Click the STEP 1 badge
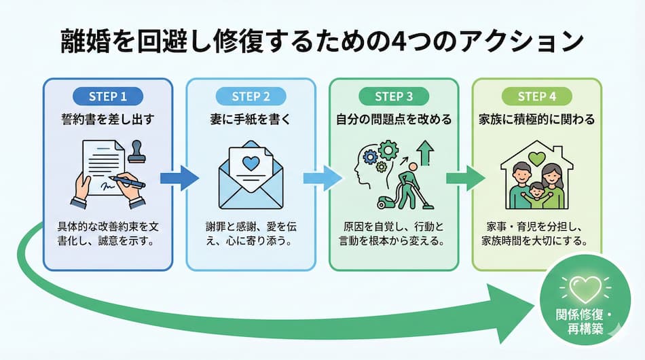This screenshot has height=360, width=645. (107, 96)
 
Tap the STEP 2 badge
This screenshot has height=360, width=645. (251, 96)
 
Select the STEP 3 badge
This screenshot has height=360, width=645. (394, 96)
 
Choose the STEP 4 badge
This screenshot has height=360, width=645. (536, 96)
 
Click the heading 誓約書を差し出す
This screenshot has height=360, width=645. (107, 120)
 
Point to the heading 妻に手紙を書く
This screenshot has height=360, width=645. (251, 120)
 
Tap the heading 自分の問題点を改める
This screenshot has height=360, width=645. (394, 120)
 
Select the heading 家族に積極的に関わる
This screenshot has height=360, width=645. (536, 120)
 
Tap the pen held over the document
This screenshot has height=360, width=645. (129, 181)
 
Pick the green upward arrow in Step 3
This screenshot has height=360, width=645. (426, 153)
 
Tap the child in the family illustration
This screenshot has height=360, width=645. (536, 194)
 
